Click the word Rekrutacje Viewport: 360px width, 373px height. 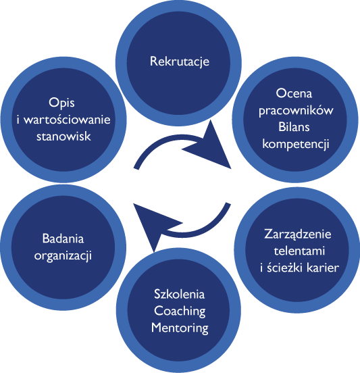(180, 61)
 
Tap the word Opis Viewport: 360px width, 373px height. (61, 103)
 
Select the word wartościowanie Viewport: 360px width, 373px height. (67, 120)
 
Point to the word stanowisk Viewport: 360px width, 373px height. (63, 136)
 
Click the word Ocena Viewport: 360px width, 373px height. (294, 93)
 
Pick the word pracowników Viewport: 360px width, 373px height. (296, 111)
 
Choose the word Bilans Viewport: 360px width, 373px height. (294, 126)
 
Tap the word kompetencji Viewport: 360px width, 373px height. (296, 144)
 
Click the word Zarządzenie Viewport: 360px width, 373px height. (298, 234)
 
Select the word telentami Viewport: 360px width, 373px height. (299, 251)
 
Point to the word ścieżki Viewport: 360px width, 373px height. (285, 268)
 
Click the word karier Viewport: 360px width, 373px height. (323, 268)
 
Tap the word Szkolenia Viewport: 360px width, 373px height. (179, 294)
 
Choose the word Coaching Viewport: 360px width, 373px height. (180, 312)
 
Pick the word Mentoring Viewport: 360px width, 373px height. (180, 328)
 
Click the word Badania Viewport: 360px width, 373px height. (63, 239)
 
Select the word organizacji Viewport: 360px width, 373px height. (63, 256)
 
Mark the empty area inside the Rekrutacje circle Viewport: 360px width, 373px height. (178, 91)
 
